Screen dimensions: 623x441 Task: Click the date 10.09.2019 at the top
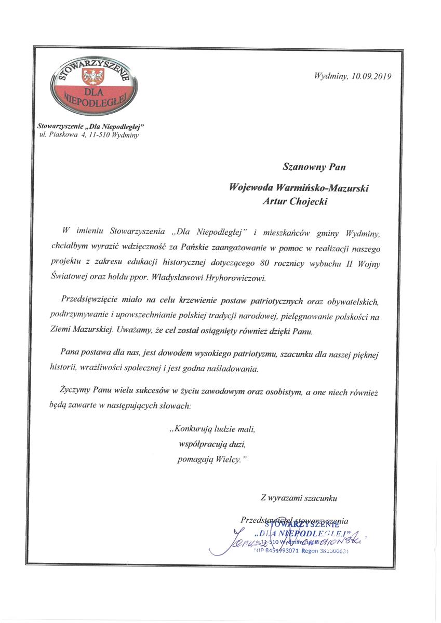tap(371, 76)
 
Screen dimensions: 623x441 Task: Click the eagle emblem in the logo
tap(95, 78)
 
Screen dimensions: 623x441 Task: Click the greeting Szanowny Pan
tap(314, 167)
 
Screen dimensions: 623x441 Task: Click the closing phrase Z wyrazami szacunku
tap(299, 498)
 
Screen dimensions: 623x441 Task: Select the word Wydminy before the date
tap(331, 76)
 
